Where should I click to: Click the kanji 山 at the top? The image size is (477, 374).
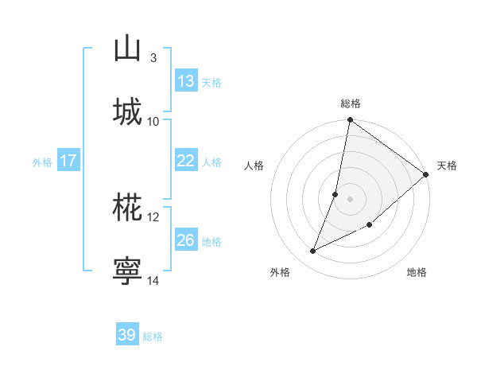click(127, 49)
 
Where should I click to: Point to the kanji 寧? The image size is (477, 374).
click(127, 269)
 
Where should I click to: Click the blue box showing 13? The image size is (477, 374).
click(186, 81)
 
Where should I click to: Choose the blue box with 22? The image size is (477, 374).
click(186, 161)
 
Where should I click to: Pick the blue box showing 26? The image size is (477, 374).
click(186, 240)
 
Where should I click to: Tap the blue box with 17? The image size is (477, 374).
click(68, 161)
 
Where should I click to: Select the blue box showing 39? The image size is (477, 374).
click(127, 335)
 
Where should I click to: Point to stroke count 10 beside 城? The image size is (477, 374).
click(153, 121)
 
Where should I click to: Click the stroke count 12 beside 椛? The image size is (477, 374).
click(153, 216)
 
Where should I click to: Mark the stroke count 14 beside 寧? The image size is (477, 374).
click(153, 279)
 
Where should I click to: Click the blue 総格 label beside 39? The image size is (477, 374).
click(153, 337)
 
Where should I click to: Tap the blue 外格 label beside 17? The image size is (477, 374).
click(42, 162)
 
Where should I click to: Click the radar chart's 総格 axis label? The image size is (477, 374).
click(351, 103)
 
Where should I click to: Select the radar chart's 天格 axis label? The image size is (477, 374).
click(447, 166)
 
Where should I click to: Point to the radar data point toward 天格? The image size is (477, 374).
click(426, 174)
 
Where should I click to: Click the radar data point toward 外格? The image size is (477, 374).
click(313, 251)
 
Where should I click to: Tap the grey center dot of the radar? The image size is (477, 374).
click(351, 198)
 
